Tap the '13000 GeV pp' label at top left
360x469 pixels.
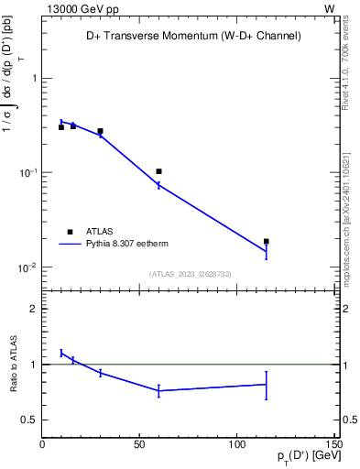[x=78, y=8]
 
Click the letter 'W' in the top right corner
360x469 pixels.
[x=329, y=8]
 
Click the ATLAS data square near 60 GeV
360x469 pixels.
[x=158, y=171]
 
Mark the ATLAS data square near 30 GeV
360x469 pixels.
[x=100, y=131]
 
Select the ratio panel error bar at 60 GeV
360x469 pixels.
[x=158, y=390]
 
